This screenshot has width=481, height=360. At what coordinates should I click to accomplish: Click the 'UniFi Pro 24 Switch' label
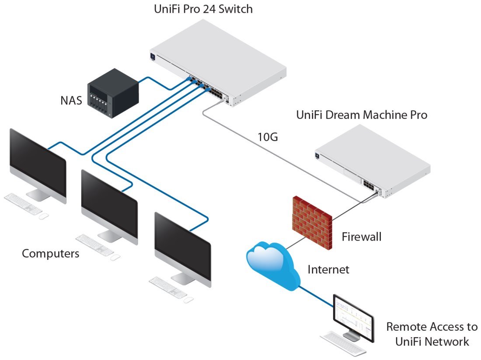203,9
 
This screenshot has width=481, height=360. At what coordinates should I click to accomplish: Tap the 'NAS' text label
71,101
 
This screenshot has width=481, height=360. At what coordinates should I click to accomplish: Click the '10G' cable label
267,137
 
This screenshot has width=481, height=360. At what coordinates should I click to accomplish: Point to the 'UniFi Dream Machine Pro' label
361,115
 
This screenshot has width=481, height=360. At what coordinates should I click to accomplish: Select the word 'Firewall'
361,237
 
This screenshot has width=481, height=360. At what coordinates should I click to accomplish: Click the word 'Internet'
328,269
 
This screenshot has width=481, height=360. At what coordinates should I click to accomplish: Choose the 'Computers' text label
51,253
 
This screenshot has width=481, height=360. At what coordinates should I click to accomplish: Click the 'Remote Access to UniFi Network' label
432,334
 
